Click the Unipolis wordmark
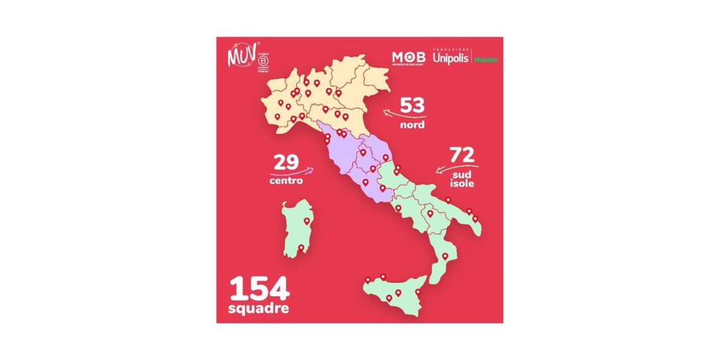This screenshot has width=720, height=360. pos(451,57)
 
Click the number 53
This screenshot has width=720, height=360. pos(412,105)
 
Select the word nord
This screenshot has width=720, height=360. pos(412,125)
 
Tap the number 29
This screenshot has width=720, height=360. pos(285,162)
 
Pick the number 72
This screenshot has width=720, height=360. pos(462,154)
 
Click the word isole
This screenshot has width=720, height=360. pos(462,184)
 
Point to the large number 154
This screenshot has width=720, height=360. pos(259,289)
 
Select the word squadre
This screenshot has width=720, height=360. pos(259,309)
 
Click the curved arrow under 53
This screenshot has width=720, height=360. pos(403,115)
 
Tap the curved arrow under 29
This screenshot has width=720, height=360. pos(292,171)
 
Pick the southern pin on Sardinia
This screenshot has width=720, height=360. pos(301,248)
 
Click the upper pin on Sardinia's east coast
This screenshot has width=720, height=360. pos(307,221)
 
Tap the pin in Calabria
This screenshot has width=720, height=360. pos(445,256)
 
